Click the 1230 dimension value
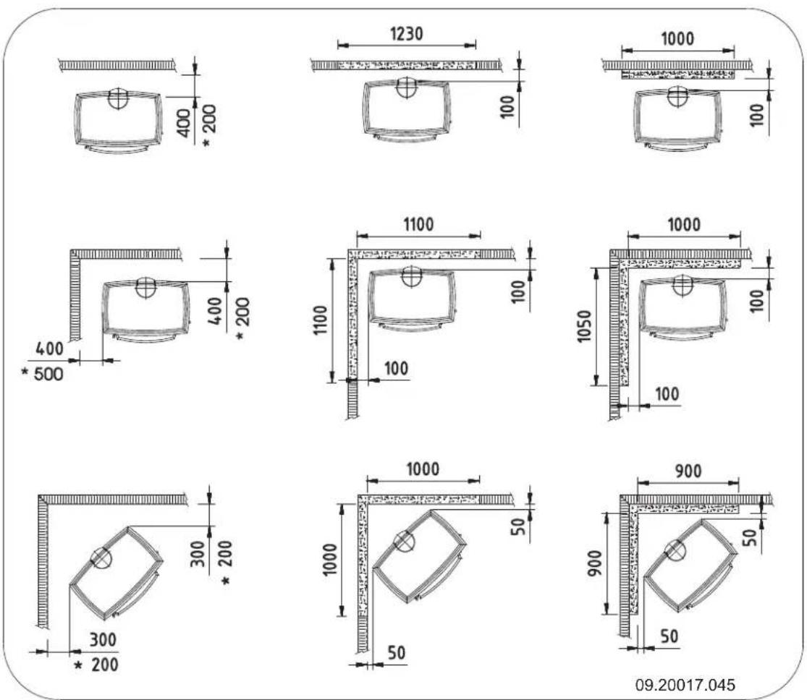(407, 34)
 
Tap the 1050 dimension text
(584, 326)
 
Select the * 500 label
(42, 374)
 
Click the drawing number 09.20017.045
(685, 685)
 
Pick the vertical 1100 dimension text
(320, 320)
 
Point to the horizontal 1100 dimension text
(418, 225)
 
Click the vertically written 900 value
(594, 563)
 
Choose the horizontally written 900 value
(688, 471)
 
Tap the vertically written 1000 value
(330, 559)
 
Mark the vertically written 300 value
(198, 553)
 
